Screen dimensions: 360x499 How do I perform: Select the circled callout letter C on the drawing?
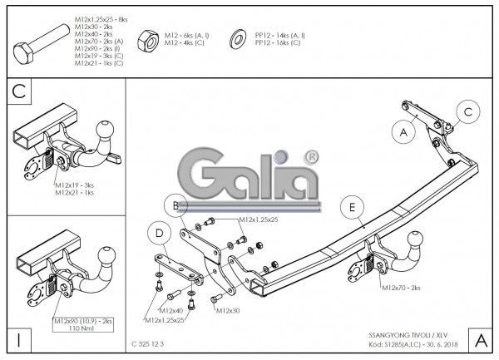click(x=468, y=111)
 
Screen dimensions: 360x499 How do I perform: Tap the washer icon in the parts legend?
click(x=235, y=37)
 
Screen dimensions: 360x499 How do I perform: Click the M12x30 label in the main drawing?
click(x=227, y=311)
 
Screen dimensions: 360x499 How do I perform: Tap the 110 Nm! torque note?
click(x=83, y=328)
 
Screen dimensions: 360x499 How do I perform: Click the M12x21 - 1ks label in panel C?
click(x=75, y=192)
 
